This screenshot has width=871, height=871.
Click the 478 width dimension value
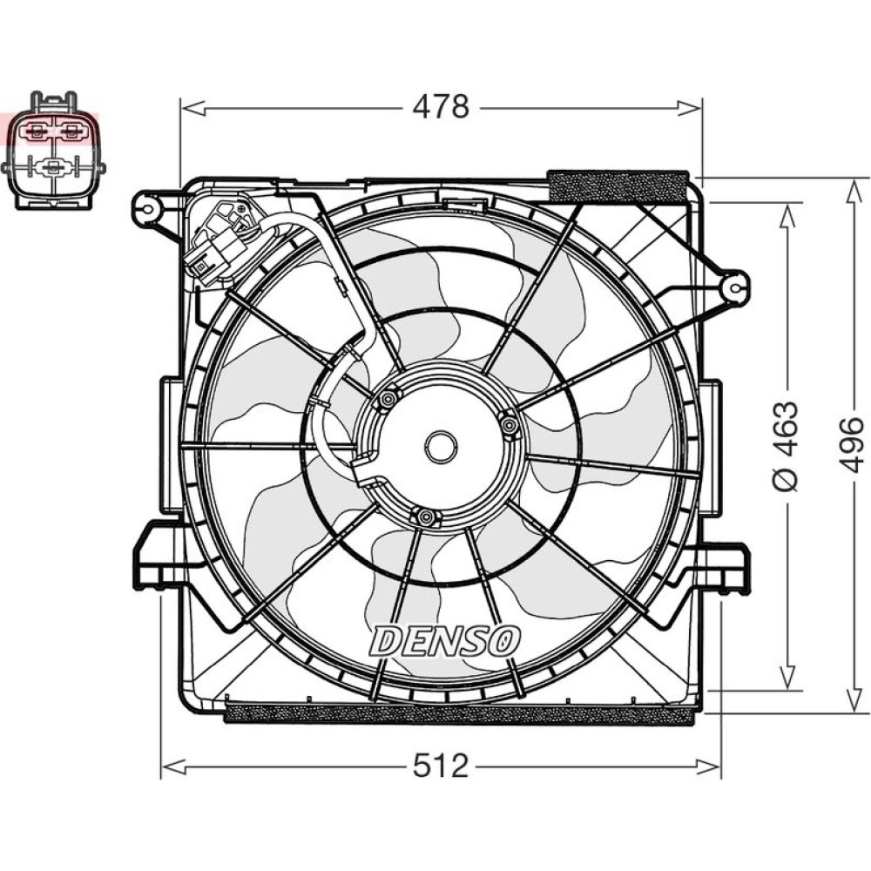441,106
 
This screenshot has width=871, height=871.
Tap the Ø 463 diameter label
786,445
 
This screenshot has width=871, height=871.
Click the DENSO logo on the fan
445,641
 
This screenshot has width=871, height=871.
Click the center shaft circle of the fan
441,445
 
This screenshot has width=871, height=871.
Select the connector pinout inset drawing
53,150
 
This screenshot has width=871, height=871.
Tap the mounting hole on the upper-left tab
148,209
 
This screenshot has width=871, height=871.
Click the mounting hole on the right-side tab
735,287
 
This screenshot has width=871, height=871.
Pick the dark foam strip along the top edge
618,186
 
